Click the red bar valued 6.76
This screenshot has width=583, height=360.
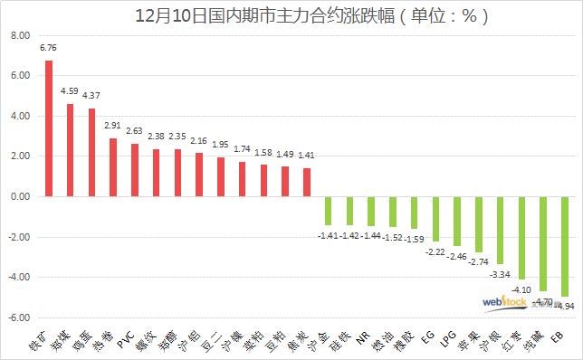pos(49,128)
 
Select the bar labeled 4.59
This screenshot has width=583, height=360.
pos(71,150)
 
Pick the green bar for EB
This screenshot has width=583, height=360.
pos(564,246)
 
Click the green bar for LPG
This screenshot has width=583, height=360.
pos(456,221)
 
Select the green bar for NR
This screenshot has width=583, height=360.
pos(371,211)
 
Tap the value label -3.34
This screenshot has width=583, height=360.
pos(499,273)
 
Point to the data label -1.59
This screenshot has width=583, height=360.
pos(414,238)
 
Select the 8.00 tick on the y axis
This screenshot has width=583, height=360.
pos(20,36)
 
